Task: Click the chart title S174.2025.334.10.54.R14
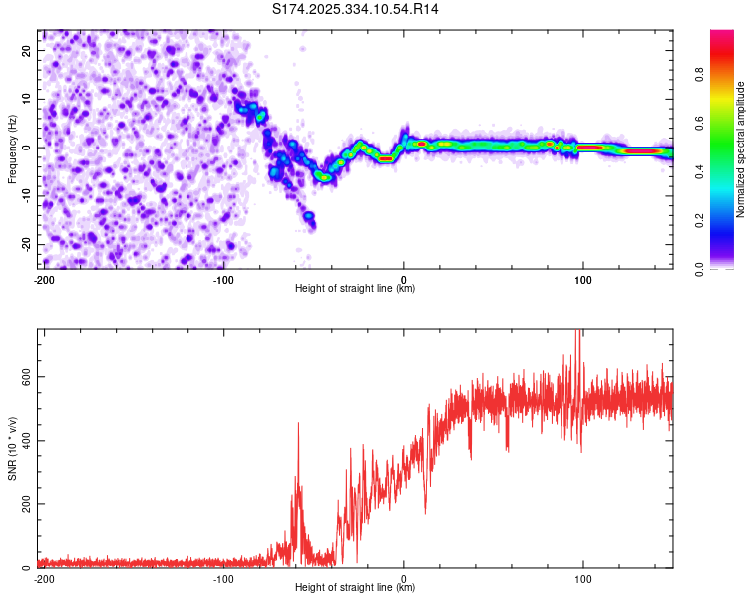pyautogui.click(x=355, y=9)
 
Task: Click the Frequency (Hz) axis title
pyautogui.click(x=12, y=149)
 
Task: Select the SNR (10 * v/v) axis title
pyautogui.click(x=12, y=448)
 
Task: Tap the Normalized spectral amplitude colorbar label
pyautogui.click(x=740, y=149)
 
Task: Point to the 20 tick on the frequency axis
pyautogui.click(x=26, y=51)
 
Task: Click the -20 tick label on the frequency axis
pyautogui.click(x=26, y=245)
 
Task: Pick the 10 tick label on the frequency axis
pyautogui.click(x=26, y=99)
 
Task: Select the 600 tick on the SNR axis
pyautogui.click(x=26, y=377)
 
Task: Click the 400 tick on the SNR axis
pyautogui.click(x=26, y=441)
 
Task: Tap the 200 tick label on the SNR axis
pyautogui.click(x=26, y=504)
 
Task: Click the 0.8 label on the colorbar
pyautogui.click(x=699, y=75)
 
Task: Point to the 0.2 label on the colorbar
pyautogui.click(x=699, y=221)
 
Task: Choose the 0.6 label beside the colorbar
pyautogui.click(x=699, y=123)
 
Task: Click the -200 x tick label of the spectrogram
pyautogui.click(x=44, y=280)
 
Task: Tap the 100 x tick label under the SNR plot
pyautogui.click(x=583, y=579)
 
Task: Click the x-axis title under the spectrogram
pyautogui.click(x=355, y=288)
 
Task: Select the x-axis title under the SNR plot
pyautogui.click(x=355, y=587)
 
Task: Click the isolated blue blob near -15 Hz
pyautogui.click(x=309, y=216)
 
